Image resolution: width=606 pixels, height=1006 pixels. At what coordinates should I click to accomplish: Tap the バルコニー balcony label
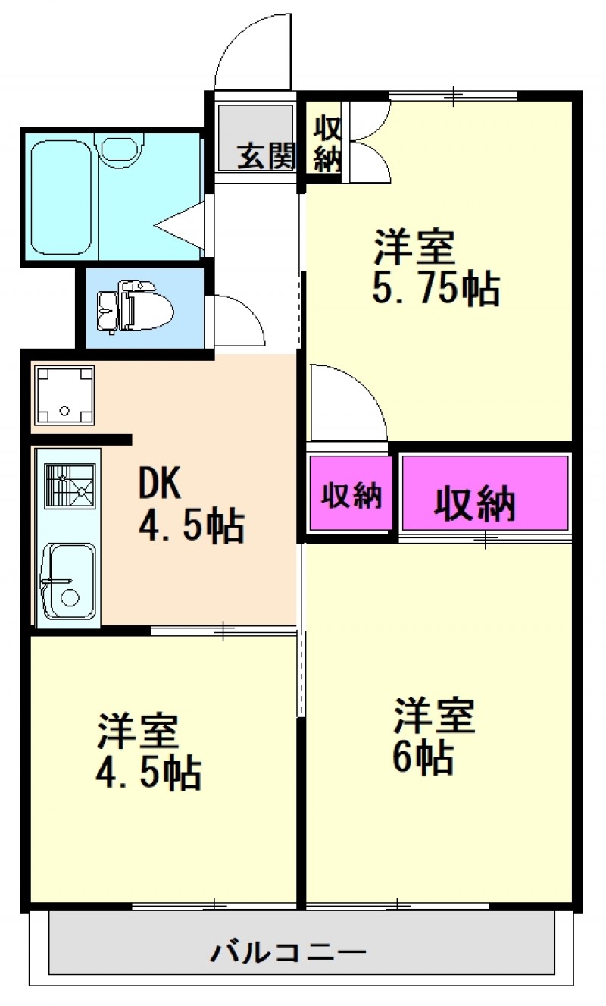pos(289,953)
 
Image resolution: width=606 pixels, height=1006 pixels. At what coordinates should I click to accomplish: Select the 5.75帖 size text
pos(436,288)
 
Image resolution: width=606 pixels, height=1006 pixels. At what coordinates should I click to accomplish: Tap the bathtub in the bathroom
pos(61,197)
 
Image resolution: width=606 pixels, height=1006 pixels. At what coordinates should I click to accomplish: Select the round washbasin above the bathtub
pos(120,150)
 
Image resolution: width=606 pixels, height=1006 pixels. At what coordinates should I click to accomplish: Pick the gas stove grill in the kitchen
pos(70,487)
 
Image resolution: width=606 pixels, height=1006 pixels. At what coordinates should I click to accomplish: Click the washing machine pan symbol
pos(64,395)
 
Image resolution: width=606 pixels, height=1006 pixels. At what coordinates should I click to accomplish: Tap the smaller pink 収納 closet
pos(351,493)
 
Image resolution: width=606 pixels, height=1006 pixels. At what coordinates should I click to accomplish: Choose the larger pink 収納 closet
pos(485,493)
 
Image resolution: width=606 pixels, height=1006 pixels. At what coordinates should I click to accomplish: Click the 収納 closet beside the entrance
pos(326,144)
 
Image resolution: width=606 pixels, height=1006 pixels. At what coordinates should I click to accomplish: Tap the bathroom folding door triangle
pos(180,225)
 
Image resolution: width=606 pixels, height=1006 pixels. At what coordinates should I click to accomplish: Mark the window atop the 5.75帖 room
pos(452,96)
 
